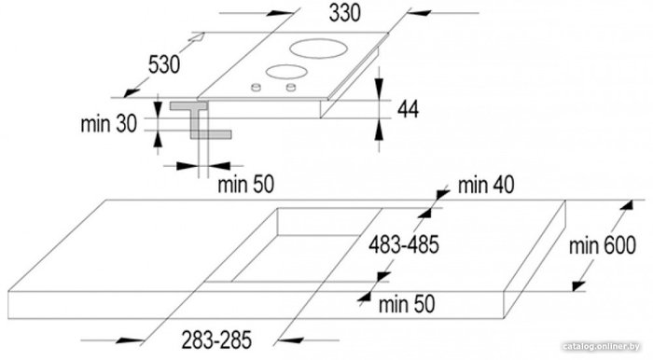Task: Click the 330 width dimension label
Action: (344, 13)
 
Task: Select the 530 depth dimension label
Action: (164, 64)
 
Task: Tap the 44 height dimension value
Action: (408, 109)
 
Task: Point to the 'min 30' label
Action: (109, 124)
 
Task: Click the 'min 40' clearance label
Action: (486, 185)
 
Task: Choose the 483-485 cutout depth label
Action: (404, 244)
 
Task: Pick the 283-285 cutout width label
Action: (216, 339)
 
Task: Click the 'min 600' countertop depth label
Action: (603, 245)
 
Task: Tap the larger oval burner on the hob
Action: (319, 48)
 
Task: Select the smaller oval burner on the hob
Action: (286, 72)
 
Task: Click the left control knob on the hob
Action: (256, 87)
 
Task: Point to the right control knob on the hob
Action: (291, 87)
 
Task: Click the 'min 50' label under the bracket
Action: (245, 185)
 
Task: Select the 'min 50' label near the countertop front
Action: (407, 304)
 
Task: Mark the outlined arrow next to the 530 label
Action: (197, 37)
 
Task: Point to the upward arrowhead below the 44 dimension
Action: (379, 131)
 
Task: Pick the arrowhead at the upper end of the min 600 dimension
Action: (627, 205)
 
